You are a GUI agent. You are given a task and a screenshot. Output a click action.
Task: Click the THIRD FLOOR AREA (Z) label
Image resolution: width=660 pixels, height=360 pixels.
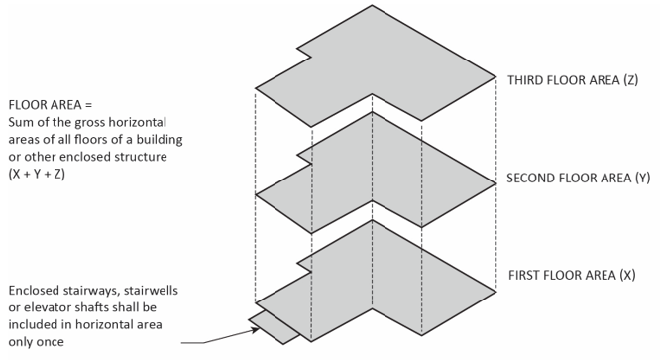[x=573, y=80]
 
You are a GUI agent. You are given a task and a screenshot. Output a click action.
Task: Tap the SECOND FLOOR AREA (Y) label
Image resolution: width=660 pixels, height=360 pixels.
[x=579, y=178]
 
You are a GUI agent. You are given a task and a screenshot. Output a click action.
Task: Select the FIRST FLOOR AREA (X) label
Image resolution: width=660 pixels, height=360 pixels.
[x=572, y=275]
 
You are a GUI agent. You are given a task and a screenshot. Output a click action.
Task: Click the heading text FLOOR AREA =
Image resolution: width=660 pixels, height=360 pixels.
[x=50, y=104]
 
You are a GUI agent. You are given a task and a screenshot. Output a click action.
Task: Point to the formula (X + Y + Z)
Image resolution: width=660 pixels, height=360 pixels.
[x=37, y=174]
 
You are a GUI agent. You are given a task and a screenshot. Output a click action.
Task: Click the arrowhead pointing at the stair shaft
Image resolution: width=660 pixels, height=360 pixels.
[x=255, y=330]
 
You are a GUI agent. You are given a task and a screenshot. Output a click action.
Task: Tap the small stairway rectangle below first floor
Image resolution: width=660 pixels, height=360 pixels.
[x=275, y=328]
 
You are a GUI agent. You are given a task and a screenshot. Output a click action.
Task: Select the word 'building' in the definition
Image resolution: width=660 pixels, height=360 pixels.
[x=160, y=139]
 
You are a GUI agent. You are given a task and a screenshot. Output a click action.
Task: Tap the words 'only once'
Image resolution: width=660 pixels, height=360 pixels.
[x=37, y=341]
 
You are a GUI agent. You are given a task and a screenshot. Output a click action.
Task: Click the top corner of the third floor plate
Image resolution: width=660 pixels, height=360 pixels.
[x=372, y=6]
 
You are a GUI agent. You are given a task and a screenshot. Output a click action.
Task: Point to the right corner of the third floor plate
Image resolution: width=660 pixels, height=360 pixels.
[x=496, y=76]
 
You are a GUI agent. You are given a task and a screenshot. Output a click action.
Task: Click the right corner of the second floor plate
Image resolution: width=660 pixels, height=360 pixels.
[x=496, y=183]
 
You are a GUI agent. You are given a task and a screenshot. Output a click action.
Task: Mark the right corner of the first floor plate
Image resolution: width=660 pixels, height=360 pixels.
[x=496, y=292]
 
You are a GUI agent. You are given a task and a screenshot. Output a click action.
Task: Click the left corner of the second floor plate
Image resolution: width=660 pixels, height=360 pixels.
[x=256, y=194]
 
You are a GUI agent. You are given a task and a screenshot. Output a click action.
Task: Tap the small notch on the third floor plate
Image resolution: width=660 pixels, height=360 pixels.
[x=305, y=53]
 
